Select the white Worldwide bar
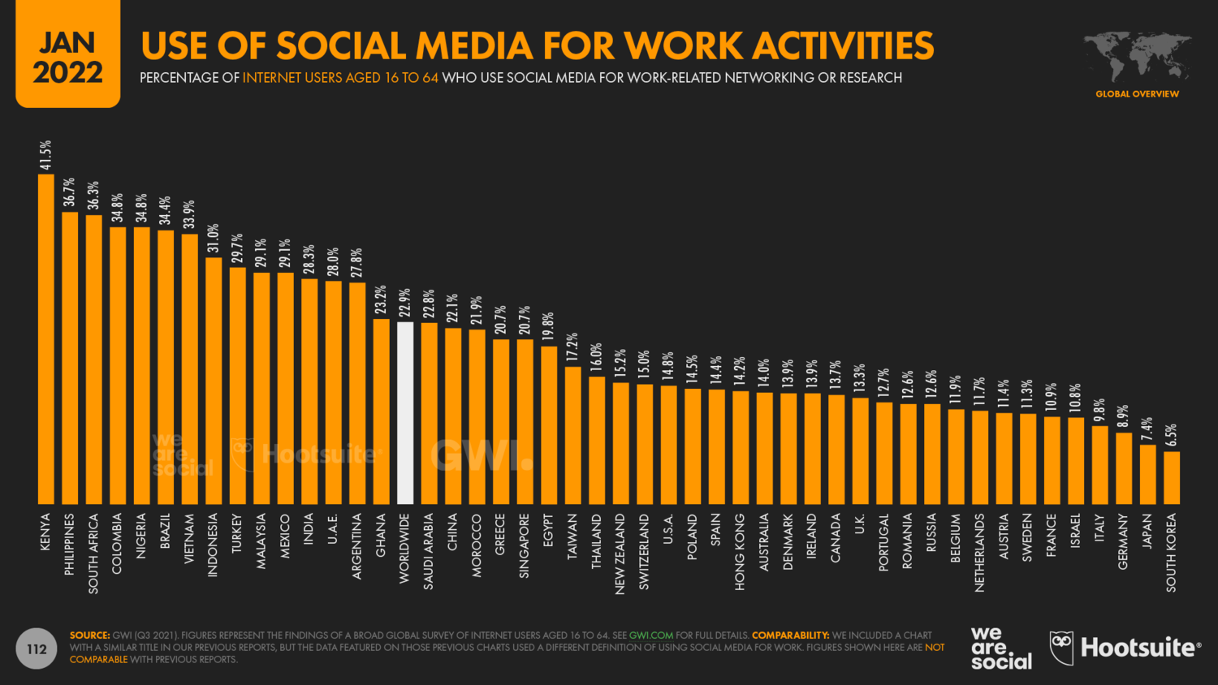(x=405, y=413)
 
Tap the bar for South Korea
(x=1172, y=478)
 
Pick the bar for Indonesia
(x=214, y=381)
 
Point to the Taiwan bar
(x=572, y=436)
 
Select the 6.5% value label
(x=1171, y=435)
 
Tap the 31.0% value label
(x=214, y=239)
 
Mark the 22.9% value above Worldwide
(x=405, y=304)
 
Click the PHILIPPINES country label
(x=70, y=544)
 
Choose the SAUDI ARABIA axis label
(x=429, y=550)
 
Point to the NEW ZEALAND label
(x=620, y=554)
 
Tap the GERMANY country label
(x=1123, y=541)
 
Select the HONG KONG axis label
(x=740, y=551)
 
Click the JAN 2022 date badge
(x=68, y=55)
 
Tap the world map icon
(x=1137, y=56)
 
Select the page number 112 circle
(x=37, y=649)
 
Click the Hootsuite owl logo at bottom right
(x=1061, y=648)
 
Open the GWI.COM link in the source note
(x=651, y=635)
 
